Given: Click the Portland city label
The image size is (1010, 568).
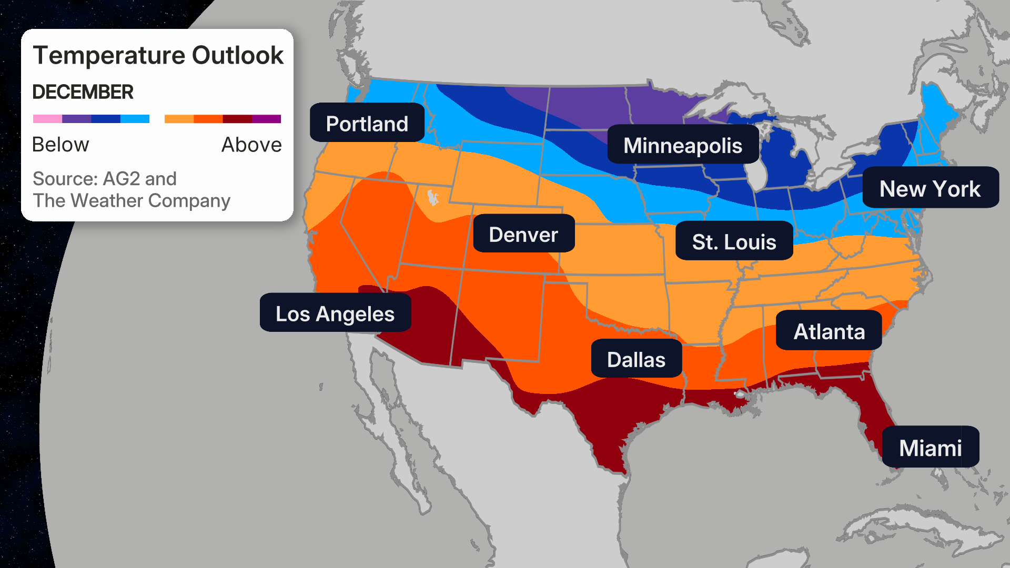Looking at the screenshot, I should (367, 123).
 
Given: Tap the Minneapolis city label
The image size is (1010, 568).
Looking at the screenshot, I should (682, 145).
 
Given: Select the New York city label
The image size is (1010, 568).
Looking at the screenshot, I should (930, 188).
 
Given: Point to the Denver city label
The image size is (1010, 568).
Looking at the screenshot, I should (523, 234).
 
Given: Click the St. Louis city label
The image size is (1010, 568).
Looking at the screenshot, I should (734, 241).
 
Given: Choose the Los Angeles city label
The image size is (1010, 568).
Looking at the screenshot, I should (335, 313).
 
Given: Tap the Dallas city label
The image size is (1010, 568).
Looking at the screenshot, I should (636, 359).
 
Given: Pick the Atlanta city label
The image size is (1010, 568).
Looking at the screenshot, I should (829, 331).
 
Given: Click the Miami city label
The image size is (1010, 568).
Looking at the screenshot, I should (930, 447).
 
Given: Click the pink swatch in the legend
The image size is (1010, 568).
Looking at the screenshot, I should (47, 119).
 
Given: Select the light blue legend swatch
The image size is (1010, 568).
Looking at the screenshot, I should (135, 119).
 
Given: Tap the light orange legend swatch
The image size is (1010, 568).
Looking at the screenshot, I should (179, 119).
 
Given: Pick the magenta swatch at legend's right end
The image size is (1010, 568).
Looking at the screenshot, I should (267, 119).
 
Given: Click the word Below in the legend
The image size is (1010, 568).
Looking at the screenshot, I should (60, 145).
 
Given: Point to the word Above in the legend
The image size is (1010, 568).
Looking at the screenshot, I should (251, 145).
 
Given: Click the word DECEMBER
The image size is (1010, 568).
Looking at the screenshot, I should (83, 92).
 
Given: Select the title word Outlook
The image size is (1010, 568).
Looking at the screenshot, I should (238, 55).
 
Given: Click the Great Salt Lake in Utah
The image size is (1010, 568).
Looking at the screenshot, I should (432, 198).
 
